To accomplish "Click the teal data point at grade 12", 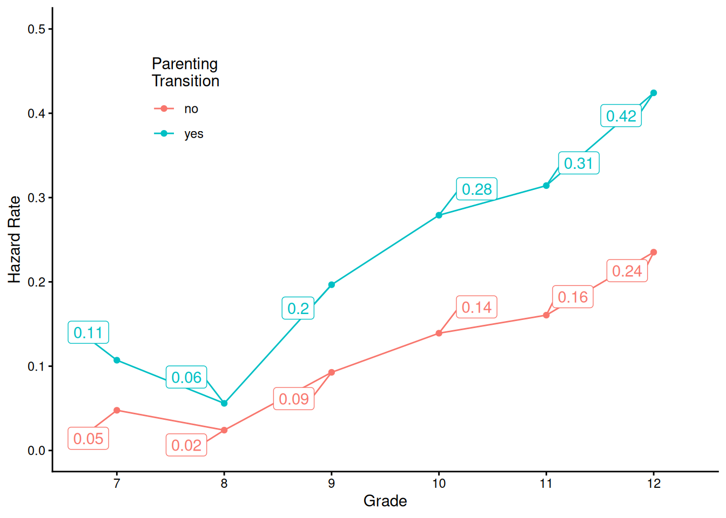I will (654, 93).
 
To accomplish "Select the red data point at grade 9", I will (332, 372).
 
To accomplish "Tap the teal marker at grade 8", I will (224, 403).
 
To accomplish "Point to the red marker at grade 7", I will (117, 410).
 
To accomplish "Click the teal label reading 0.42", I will (621, 116).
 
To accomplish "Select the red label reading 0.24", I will (627, 271).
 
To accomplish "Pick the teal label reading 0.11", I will (88, 332).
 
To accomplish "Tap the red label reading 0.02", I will (186, 445).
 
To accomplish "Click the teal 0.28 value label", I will (476, 189).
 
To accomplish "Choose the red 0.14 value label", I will (476, 308).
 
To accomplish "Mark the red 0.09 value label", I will (293, 399).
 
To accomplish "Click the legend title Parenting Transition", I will (185, 72).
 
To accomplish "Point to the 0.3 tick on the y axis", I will (37, 197).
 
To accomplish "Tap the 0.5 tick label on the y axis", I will (37, 29).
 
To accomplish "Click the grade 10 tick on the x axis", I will (439, 483).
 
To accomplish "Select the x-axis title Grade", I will (385, 501).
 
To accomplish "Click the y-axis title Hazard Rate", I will (15, 240).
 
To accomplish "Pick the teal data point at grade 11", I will (546, 186).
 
